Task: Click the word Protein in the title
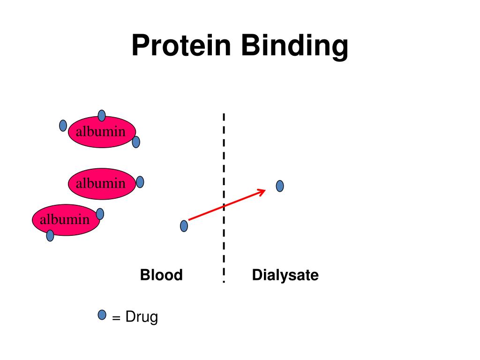(x=181, y=46)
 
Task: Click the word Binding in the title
(x=295, y=46)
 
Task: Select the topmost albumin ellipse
(x=102, y=132)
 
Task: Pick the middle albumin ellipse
(x=102, y=183)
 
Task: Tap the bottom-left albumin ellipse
(x=66, y=219)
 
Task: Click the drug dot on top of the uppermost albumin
(x=102, y=115)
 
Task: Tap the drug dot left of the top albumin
(x=63, y=125)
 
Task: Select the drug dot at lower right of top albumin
(x=136, y=142)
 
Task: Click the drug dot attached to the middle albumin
(x=140, y=182)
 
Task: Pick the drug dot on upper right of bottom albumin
(x=100, y=214)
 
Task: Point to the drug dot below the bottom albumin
(x=50, y=235)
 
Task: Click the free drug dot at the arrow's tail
(x=184, y=226)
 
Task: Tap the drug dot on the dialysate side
(x=280, y=186)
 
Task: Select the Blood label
(x=161, y=275)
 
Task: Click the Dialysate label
(x=285, y=275)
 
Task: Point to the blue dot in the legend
(x=102, y=315)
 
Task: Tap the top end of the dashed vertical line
(x=224, y=115)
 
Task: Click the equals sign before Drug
(x=116, y=318)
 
